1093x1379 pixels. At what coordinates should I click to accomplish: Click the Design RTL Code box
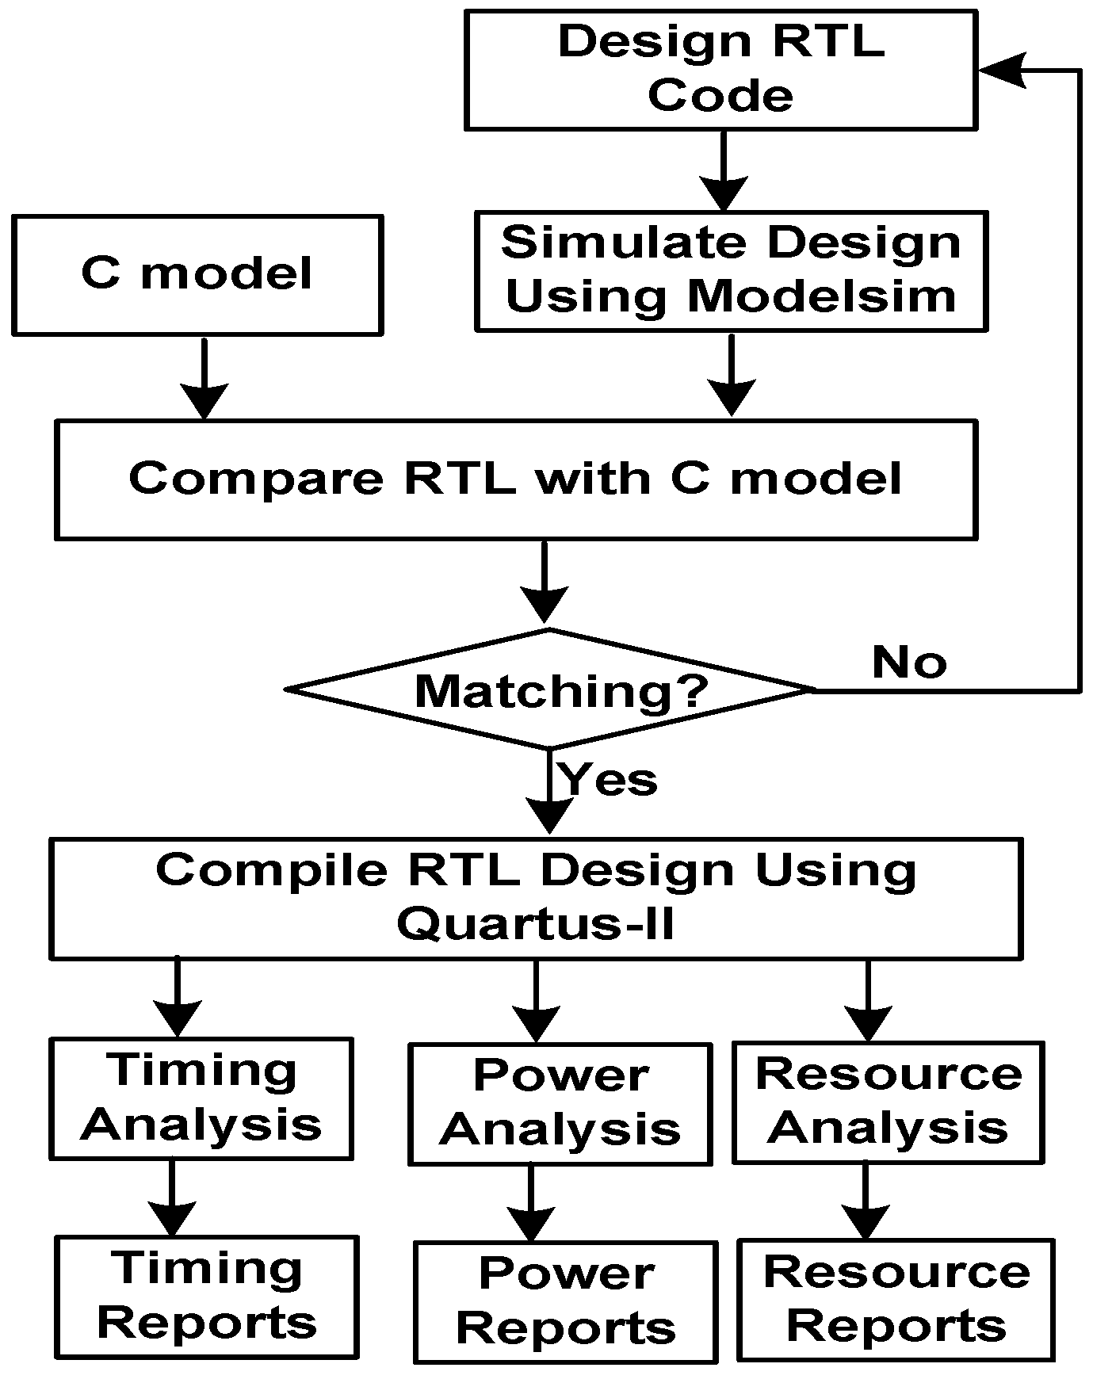point(720,69)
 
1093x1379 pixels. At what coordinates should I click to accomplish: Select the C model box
point(197,274)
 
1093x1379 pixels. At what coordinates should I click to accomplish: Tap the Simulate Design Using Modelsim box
point(731,270)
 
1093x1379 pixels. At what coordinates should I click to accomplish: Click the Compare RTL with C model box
point(515,479)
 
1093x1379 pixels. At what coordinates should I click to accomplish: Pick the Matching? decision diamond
point(549,689)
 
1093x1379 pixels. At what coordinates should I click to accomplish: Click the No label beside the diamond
point(909,662)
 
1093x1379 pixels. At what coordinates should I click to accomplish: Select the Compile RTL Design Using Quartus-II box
point(536,898)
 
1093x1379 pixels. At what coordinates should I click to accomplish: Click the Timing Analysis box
point(201,1098)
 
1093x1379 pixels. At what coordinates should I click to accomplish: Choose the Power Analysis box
point(560,1103)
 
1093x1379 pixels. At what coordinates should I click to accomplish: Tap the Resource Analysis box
point(888,1101)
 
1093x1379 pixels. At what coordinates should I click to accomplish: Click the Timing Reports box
point(207,1296)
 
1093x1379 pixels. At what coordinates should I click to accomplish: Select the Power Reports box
point(566,1301)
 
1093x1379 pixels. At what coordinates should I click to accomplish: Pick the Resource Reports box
point(896,1299)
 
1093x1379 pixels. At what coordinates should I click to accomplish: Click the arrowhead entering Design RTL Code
point(1000,70)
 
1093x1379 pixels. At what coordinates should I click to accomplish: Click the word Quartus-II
point(536,924)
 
